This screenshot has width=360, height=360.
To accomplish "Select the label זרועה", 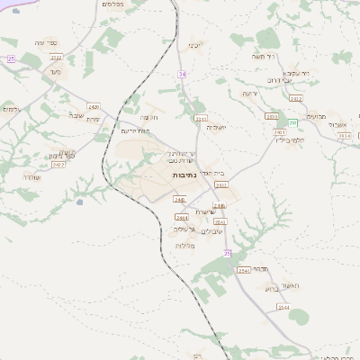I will point(249,93).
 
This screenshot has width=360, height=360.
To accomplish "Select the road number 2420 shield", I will point(94,107).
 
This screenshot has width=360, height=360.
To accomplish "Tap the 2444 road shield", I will point(181,217).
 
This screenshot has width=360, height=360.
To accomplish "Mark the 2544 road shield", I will point(283,307).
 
